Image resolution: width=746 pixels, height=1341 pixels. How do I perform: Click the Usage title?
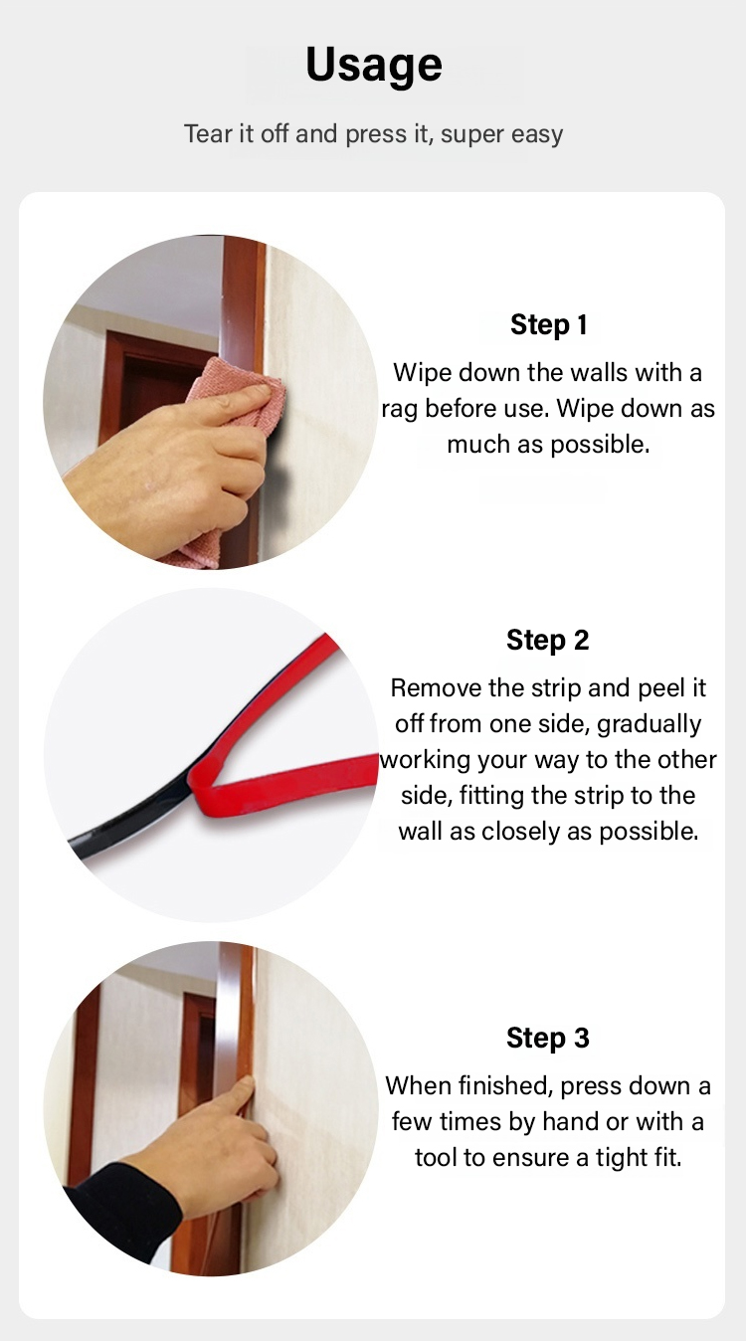click(374, 66)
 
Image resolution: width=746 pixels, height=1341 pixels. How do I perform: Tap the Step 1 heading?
click(548, 325)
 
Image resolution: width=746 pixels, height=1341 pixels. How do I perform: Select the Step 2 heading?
click(548, 640)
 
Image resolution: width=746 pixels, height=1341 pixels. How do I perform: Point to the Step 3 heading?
click(548, 1038)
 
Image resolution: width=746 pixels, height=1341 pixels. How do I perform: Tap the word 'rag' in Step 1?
click(400, 410)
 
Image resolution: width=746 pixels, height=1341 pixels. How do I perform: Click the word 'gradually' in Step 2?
click(649, 725)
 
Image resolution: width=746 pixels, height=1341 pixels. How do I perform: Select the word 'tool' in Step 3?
click(436, 1157)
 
